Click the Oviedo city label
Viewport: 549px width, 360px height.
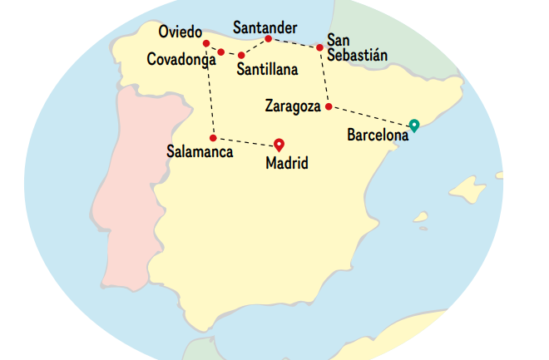pos(180,32)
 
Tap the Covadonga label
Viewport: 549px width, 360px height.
pos(181,59)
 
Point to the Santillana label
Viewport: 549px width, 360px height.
pos(267,71)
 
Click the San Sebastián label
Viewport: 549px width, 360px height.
pos(357,47)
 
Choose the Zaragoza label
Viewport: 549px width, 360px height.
pos(294,106)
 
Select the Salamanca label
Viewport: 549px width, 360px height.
pos(200,152)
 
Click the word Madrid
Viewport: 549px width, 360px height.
pos(286,164)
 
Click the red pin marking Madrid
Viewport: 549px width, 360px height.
pos(279,143)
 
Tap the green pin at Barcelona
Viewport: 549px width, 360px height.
pos(413,126)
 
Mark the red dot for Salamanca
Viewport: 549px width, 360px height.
pos(213,137)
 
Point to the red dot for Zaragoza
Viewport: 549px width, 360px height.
pos(329,107)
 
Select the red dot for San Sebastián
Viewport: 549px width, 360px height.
pos(319,47)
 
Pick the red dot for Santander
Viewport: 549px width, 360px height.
pos(268,38)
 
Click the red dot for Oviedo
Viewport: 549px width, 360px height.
pos(205,43)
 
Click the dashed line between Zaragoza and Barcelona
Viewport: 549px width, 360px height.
pos(370,116)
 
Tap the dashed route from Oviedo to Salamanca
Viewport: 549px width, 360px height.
pos(210,91)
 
